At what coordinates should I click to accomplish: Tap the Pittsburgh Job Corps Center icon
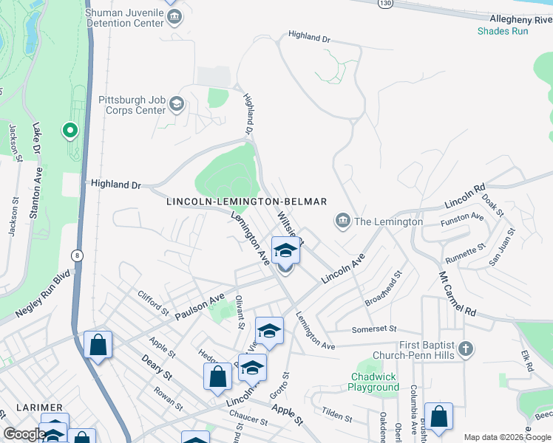point(176,105)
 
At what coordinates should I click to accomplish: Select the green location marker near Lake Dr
point(70,131)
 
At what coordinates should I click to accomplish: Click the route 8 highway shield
point(76,255)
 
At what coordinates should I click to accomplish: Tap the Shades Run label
point(503,31)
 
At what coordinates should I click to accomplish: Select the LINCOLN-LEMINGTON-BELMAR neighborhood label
point(246,202)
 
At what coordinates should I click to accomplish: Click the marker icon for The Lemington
point(342,221)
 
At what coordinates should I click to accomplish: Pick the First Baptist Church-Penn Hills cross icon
point(465,348)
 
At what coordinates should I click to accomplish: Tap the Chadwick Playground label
point(375,382)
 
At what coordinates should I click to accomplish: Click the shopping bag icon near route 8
point(98,344)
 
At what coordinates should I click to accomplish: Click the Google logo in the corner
point(24,434)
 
